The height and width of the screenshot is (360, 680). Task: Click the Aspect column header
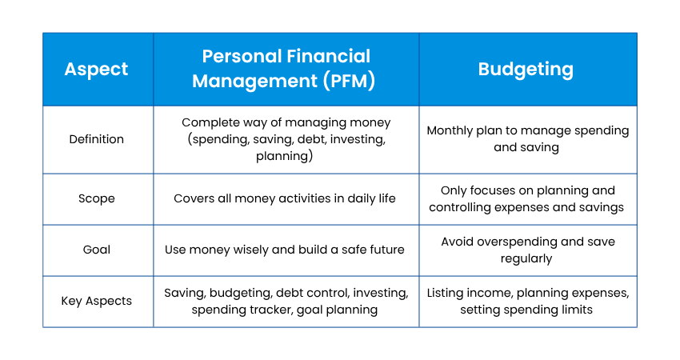[x=96, y=70]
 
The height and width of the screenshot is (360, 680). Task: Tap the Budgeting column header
[x=526, y=70]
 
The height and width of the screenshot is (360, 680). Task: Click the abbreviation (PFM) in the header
[x=349, y=81]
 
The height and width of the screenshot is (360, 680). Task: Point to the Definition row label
[x=96, y=139]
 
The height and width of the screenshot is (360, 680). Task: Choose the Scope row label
[x=96, y=198]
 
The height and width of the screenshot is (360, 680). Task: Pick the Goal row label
[x=96, y=250]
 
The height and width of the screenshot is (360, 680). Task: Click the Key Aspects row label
[x=96, y=301]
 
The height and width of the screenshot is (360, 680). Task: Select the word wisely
[x=250, y=250]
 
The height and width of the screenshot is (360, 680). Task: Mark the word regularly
[x=526, y=259]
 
